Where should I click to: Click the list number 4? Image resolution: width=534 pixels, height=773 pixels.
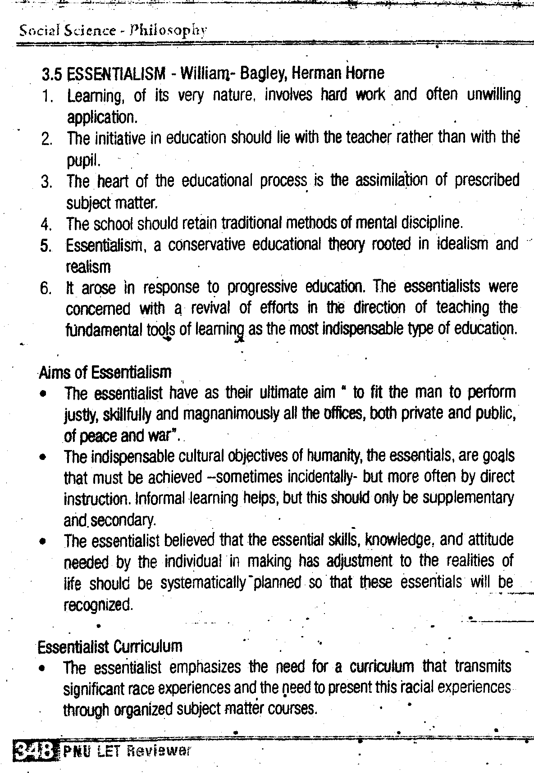tap(47, 223)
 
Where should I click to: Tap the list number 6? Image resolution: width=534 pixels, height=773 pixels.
tap(47, 288)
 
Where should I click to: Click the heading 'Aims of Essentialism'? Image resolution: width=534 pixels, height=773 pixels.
tap(105, 372)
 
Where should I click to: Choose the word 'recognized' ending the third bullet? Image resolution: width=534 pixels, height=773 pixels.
tap(98, 604)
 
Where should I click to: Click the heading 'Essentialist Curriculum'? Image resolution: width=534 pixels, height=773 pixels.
tap(110, 647)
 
